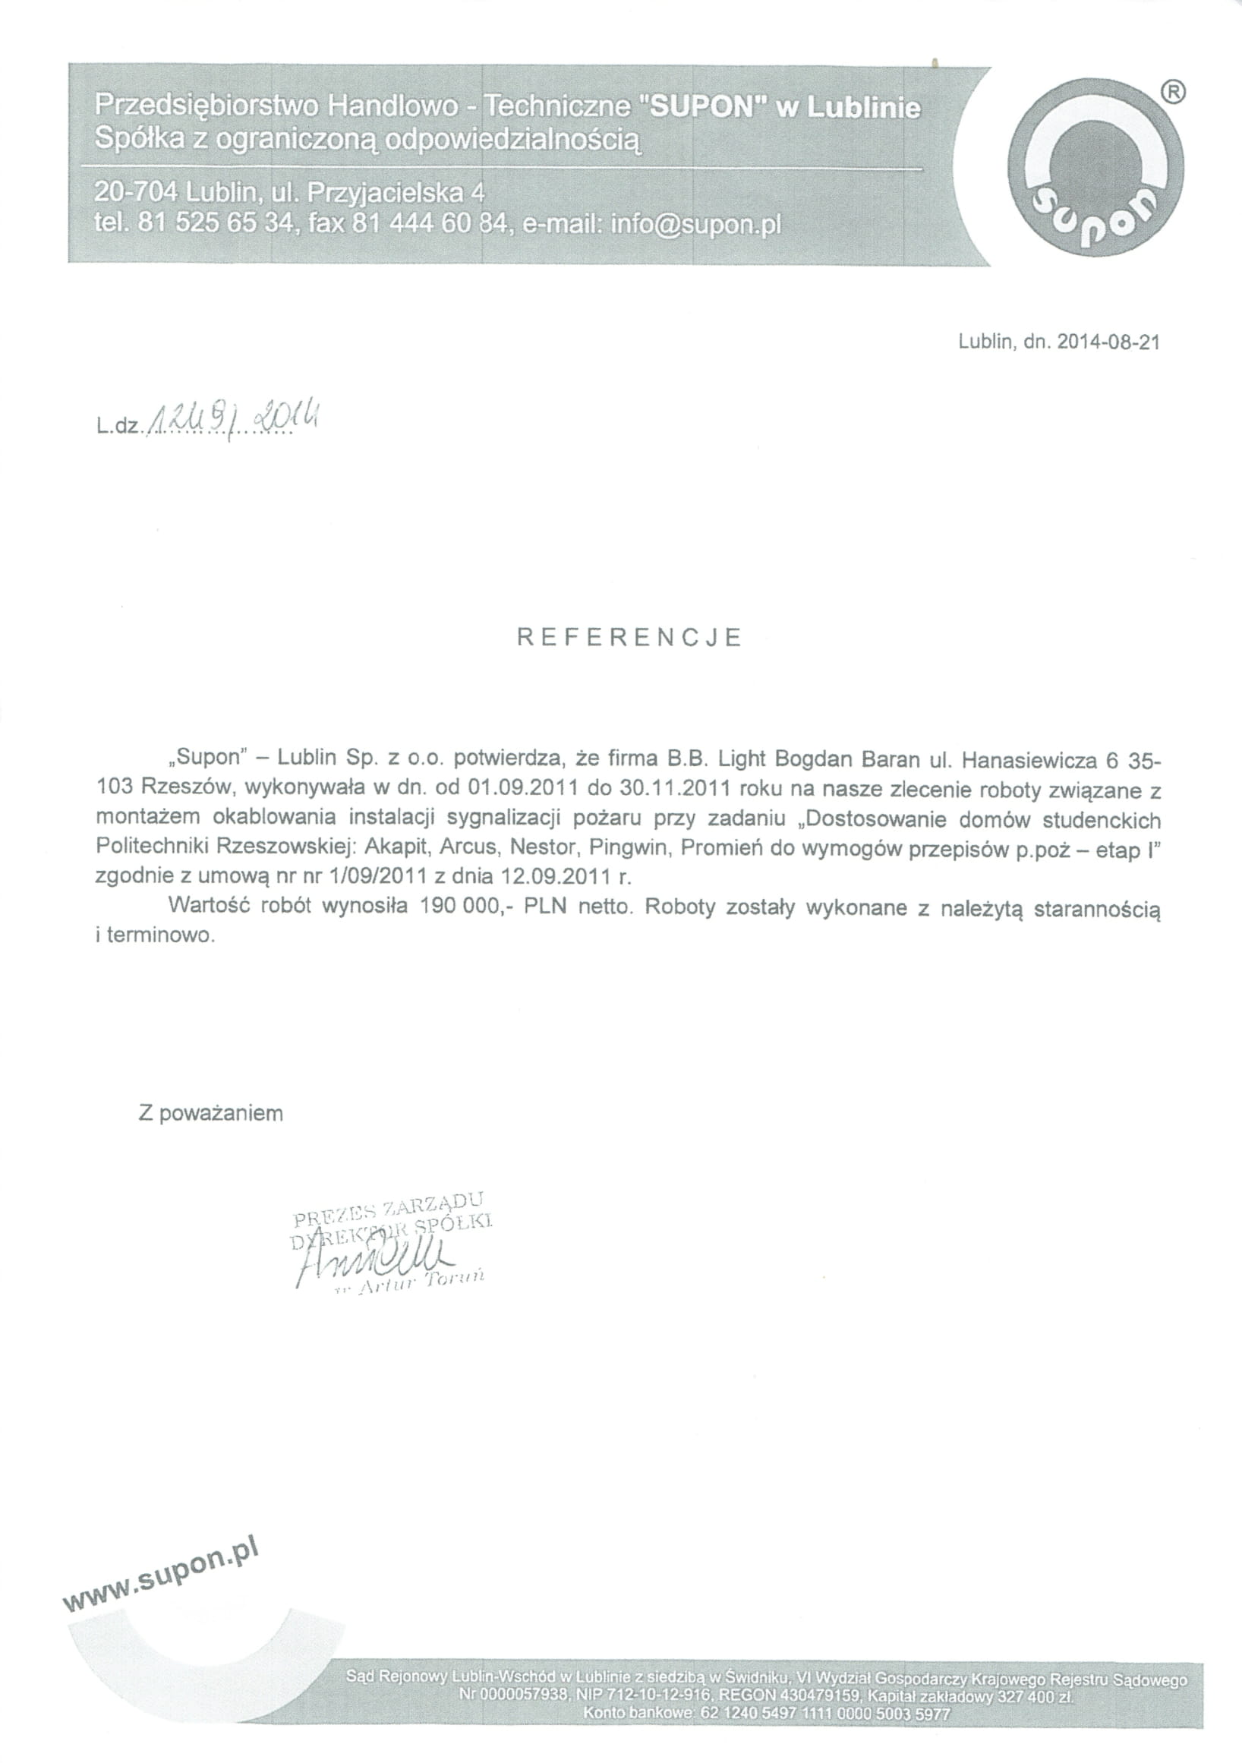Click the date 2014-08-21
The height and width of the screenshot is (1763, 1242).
[x=1108, y=342]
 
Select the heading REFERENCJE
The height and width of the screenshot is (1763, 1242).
[x=629, y=638]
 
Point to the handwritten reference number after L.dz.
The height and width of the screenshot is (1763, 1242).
[x=233, y=420]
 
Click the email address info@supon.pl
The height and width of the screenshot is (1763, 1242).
[x=695, y=224]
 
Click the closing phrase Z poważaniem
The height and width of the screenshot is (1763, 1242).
[x=210, y=1113]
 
